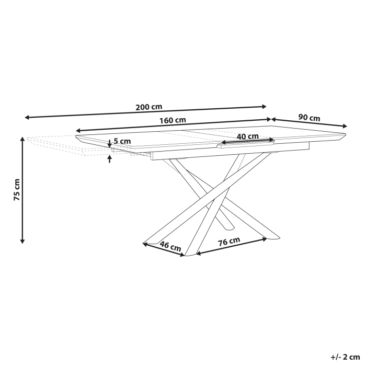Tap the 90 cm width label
tap(309, 118)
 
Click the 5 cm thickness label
tap(122, 142)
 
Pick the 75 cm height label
tap(17, 190)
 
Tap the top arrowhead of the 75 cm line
tap(22, 139)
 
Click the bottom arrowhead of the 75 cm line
tap(22, 241)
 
